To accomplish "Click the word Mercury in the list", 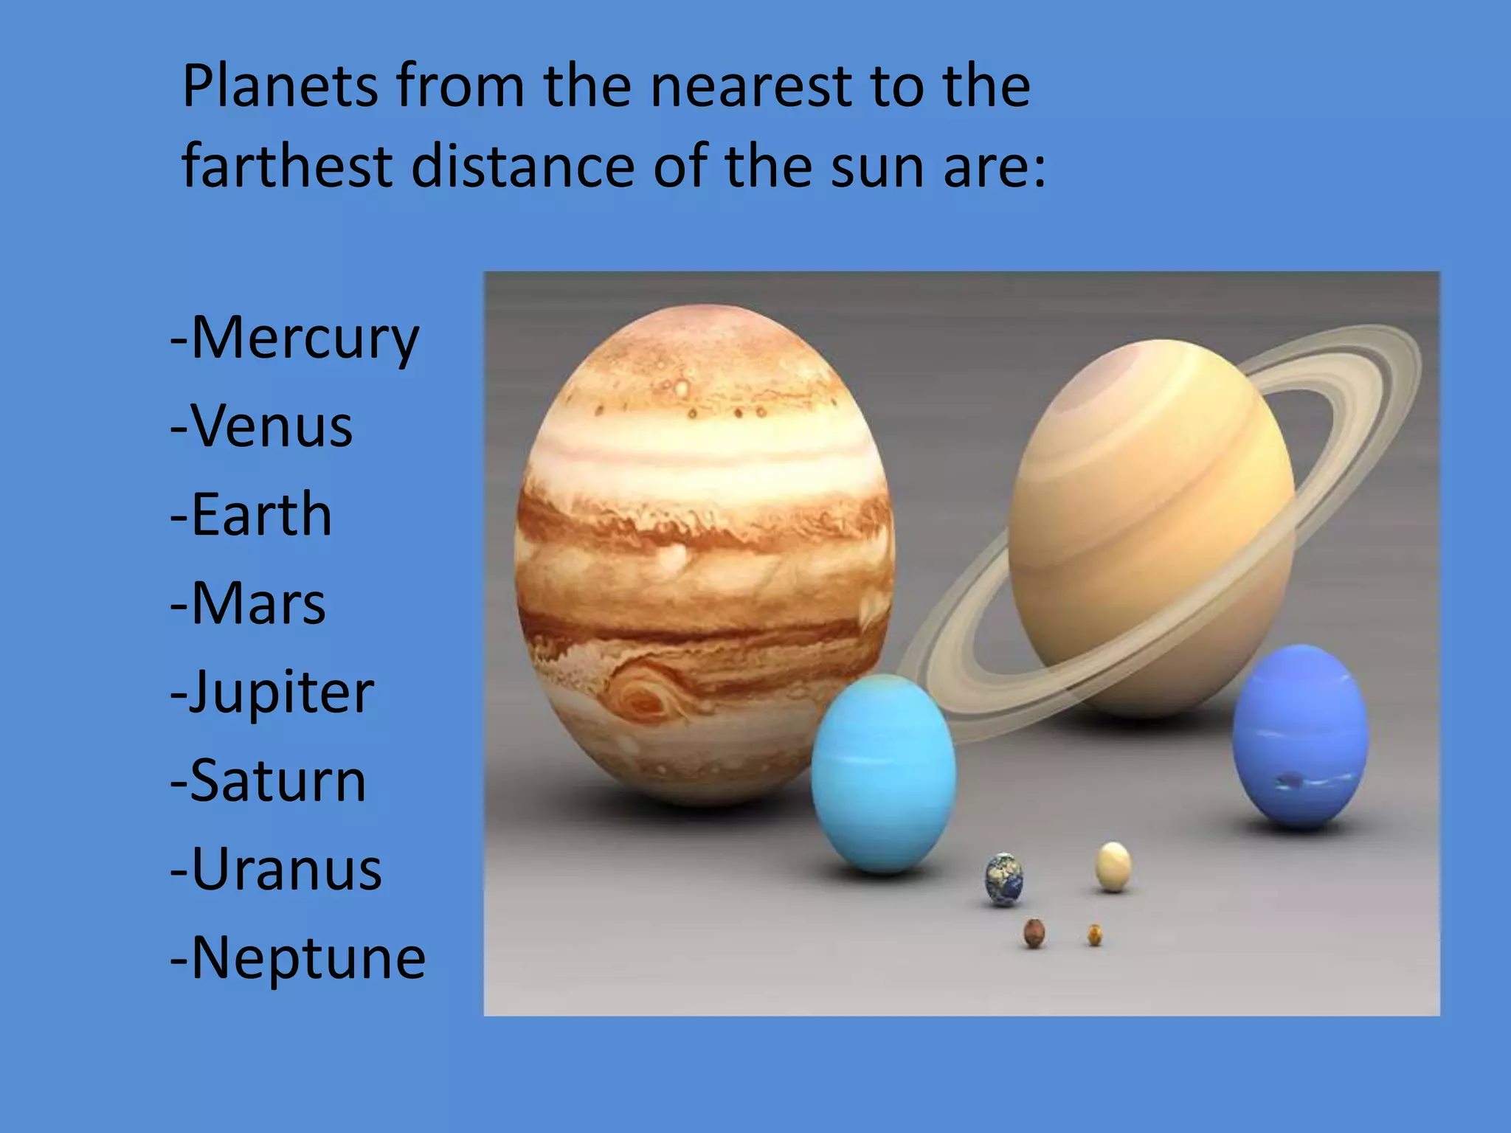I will point(304,339).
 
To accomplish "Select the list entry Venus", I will point(272,426).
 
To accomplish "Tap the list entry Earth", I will point(261,515).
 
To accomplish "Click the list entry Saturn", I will point(278,780).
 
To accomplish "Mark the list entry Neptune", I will point(308,957).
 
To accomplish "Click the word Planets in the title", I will point(280,87).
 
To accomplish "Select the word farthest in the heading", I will point(287,166).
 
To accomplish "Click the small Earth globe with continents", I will point(1004,879).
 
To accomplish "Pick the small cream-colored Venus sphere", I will point(1113,866).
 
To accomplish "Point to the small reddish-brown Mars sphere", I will point(1034,934).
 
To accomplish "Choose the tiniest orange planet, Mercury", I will point(1095,935).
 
